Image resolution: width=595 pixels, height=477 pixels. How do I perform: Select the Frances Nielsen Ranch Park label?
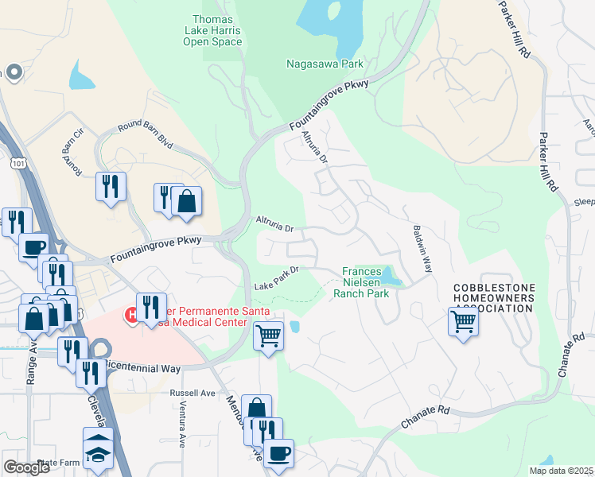366,281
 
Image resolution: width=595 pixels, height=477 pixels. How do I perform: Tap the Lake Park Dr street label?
275,278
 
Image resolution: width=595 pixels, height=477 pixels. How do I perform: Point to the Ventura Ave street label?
181,429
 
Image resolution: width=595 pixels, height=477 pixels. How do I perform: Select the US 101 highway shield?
16,162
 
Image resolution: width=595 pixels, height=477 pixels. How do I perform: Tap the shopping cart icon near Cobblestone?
463,321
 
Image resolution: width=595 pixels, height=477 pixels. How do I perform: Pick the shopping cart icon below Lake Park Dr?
268,335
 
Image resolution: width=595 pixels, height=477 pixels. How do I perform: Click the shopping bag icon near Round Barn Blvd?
186,200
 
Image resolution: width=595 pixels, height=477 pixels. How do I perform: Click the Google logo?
26,467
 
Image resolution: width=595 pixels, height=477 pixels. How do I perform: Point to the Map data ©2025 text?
561,471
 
